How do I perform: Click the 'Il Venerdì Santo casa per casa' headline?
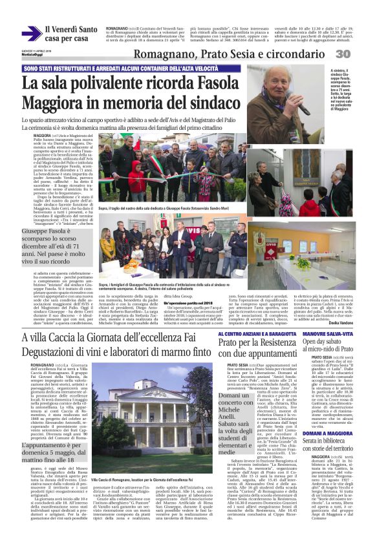71,34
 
